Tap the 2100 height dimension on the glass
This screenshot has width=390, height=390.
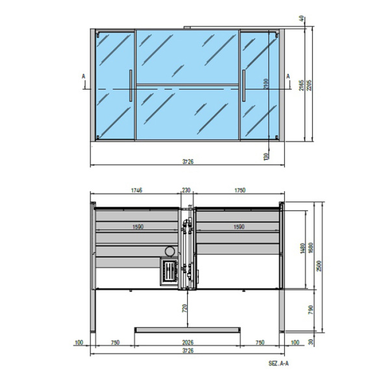[265, 84]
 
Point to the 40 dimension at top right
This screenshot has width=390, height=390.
[302, 18]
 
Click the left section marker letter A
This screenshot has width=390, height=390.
[84, 76]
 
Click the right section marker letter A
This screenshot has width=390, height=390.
[288, 76]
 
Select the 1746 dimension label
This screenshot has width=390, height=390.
[136, 190]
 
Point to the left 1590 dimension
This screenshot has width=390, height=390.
[138, 227]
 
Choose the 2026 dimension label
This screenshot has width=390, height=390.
[187, 343]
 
